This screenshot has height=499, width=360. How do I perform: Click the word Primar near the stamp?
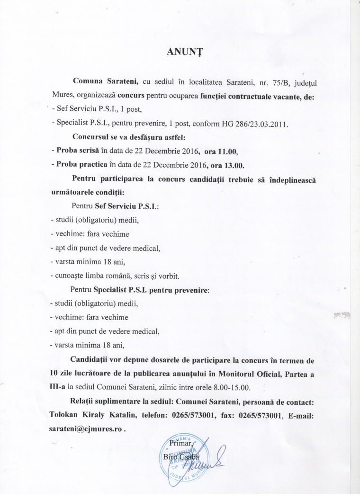click(x=180, y=444)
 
